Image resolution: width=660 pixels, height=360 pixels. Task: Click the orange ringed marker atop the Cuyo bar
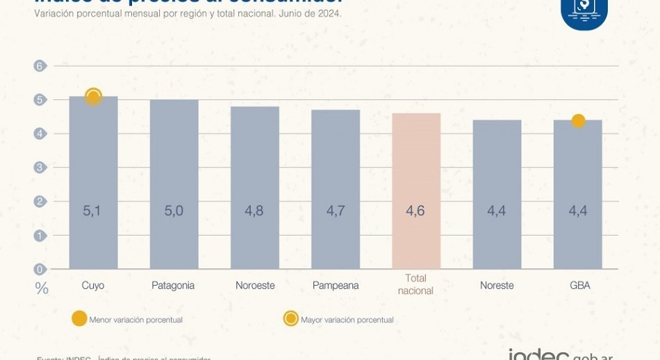click(93, 97)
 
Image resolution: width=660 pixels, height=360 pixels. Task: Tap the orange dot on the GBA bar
click(578, 121)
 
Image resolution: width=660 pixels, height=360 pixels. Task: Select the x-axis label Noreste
click(497, 286)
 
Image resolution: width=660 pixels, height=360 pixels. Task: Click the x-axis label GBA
click(578, 286)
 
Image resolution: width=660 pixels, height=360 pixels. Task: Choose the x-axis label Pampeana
click(336, 286)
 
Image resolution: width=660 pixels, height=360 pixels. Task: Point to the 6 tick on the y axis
click(39, 66)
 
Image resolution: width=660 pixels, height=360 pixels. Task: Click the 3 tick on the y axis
click(39, 167)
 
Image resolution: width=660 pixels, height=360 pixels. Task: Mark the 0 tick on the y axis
click(39, 269)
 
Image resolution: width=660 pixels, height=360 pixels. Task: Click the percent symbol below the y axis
click(42, 288)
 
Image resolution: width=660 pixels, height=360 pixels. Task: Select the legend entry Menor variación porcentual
click(135, 320)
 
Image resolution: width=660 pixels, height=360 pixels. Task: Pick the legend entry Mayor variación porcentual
click(347, 320)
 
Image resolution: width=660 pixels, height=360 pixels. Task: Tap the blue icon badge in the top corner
click(584, 10)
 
